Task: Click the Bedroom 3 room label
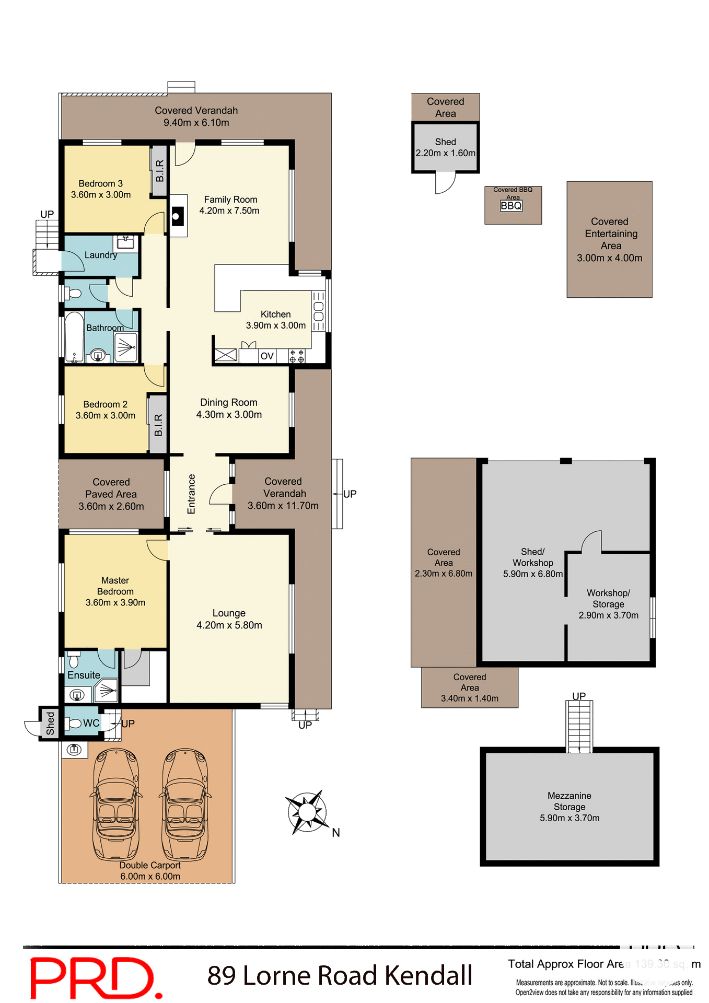pos(100,183)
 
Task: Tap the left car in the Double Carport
pos(116,804)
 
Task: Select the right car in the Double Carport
pos(185,804)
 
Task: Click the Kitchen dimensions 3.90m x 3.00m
pos(276,325)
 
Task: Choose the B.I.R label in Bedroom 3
pos(160,171)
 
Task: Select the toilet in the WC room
pos(73,724)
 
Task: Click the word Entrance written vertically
pos(191,494)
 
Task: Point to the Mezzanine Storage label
pos(569,801)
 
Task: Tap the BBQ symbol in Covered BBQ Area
pos(512,206)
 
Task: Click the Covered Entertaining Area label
pos(610,234)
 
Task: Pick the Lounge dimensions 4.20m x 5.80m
pos(229,625)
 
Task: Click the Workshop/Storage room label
pos(608,599)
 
